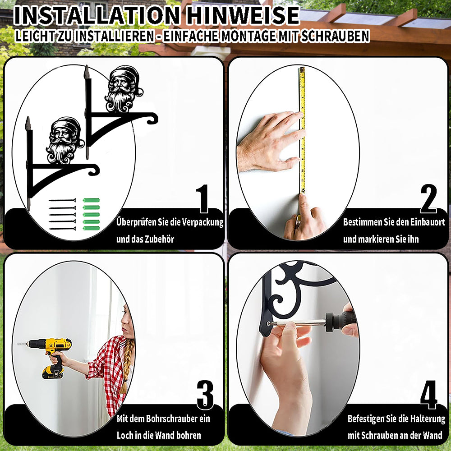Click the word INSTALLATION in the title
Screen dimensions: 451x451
tap(97, 15)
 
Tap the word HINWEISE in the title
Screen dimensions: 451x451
tap(243, 15)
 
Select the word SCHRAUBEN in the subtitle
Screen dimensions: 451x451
tap(336, 36)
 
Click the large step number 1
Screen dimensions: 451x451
tap(203, 198)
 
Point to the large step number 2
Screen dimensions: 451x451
tap(428, 198)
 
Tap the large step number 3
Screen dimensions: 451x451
tap(205, 395)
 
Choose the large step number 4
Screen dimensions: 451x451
tap(429, 395)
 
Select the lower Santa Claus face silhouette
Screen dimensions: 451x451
tap(64, 140)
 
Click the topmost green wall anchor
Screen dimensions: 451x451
tap(91, 200)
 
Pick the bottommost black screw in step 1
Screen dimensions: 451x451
tap(63, 229)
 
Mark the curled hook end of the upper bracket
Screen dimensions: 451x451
tap(152, 118)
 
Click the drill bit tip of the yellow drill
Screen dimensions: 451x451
tap(18, 344)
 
